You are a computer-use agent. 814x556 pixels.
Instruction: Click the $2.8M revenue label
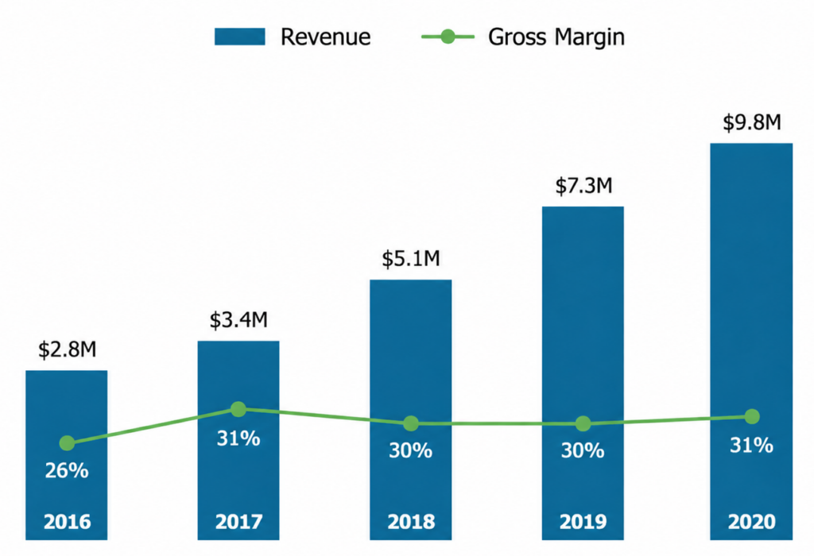tap(67, 350)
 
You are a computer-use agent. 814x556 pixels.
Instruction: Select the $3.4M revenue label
tap(238, 320)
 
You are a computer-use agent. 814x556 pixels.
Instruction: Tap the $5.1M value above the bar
tap(411, 258)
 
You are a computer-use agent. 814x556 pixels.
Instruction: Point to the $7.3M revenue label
tap(583, 185)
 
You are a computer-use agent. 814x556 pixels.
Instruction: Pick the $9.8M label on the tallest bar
tap(752, 122)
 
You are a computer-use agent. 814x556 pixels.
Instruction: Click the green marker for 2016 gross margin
tap(67, 443)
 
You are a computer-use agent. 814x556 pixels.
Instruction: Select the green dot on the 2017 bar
tap(238, 409)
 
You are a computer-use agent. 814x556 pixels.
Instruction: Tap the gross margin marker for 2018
tap(411, 423)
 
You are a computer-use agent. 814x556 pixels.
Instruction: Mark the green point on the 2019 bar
tap(583, 423)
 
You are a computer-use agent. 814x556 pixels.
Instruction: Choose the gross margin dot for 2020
tap(752, 416)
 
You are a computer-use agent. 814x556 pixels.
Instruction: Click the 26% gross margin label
tap(67, 470)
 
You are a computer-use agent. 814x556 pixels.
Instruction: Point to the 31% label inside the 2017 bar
tap(238, 438)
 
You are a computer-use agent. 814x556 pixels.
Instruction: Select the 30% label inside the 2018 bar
tap(411, 450)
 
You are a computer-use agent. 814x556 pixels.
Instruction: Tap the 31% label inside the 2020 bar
tap(751, 445)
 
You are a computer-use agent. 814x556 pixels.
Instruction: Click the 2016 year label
tap(67, 522)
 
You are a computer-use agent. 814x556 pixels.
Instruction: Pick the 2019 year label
tap(583, 522)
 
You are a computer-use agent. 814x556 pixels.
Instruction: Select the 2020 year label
tap(752, 522)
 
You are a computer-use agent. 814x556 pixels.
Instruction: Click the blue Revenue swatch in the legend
tap(240, 37)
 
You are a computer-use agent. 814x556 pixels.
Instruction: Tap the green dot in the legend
tap(448, 37)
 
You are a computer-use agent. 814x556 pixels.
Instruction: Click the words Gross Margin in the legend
tap(556, 37)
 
